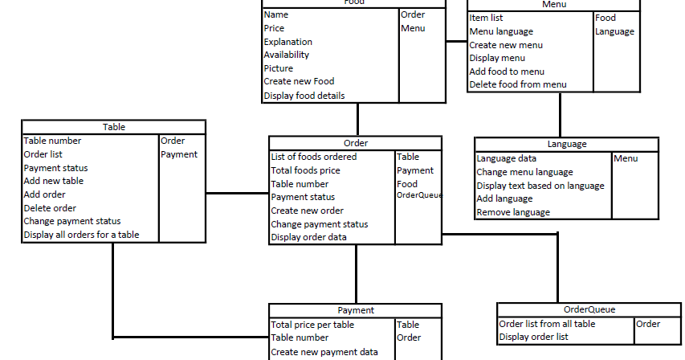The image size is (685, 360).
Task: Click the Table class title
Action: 113,127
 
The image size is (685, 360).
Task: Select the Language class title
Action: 566,144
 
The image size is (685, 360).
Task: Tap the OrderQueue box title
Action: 589,309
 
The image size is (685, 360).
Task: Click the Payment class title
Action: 355,310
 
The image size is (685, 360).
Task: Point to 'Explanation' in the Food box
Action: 288,42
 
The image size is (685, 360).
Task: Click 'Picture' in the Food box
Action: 279,68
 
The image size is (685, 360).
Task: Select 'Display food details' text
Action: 304,96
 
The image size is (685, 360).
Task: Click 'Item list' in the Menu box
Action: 487,18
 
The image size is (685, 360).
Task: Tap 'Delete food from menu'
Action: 518,84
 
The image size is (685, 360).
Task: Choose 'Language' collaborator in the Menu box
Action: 614,31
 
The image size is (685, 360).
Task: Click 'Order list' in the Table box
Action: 43,154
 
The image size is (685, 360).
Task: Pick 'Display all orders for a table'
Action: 81,235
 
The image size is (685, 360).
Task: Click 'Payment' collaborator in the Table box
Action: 179,154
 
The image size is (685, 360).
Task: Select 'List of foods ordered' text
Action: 314,157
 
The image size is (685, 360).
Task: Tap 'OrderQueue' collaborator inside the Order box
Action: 419,195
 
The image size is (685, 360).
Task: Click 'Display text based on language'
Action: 540,186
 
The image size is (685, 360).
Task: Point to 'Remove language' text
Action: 513,212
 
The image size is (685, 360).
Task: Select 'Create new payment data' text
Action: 324,352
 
